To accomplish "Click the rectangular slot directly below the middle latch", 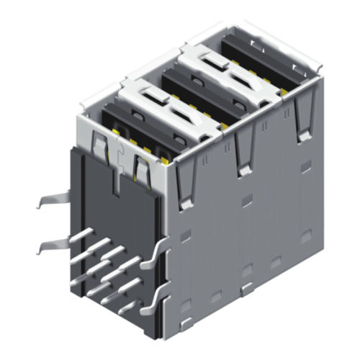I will (245, 201).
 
